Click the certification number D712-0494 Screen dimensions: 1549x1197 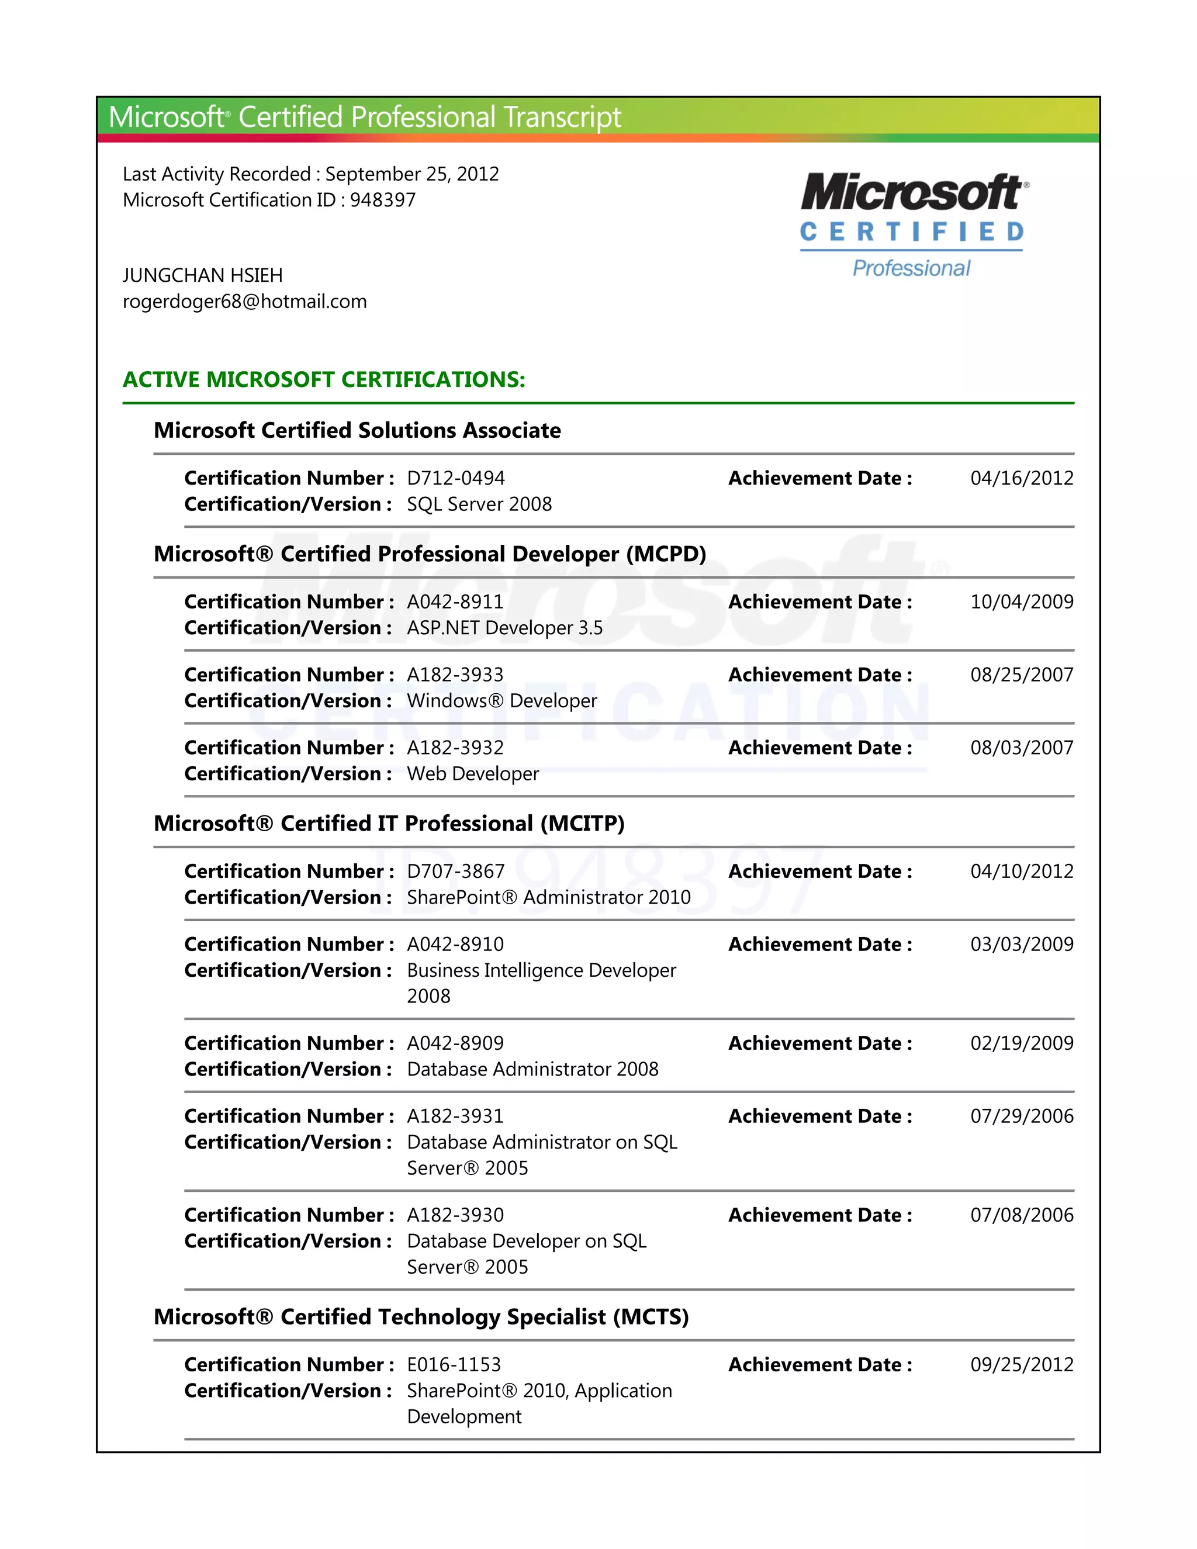coord(455,478)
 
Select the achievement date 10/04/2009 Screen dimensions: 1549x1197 coord(1021,601)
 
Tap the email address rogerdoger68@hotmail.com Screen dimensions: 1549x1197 coord(245,302)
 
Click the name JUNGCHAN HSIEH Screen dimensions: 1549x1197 coord(202,275)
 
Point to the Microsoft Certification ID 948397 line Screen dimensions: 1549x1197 coord(269,200)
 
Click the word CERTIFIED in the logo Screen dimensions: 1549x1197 coord(911,232)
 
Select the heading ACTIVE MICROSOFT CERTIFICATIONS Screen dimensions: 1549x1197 coord(323,379)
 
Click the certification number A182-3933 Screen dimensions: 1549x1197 coord(455,675)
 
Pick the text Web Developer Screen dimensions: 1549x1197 coord(472,774)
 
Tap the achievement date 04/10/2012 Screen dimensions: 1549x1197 coord(1021,871)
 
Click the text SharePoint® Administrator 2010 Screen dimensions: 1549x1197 coord(548,897)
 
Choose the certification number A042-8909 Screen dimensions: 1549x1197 coord(455,1043)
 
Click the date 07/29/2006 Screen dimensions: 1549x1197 coord(1021,1116)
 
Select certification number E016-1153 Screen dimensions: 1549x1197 coord(453,1365)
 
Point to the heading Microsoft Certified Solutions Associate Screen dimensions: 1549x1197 coord(357,431)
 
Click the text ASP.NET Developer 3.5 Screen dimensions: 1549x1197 coord(504,628)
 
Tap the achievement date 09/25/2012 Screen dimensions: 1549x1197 coord(1021,1365)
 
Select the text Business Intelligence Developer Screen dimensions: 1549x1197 coord(541,970)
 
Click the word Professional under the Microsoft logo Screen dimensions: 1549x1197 coord(911,268)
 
